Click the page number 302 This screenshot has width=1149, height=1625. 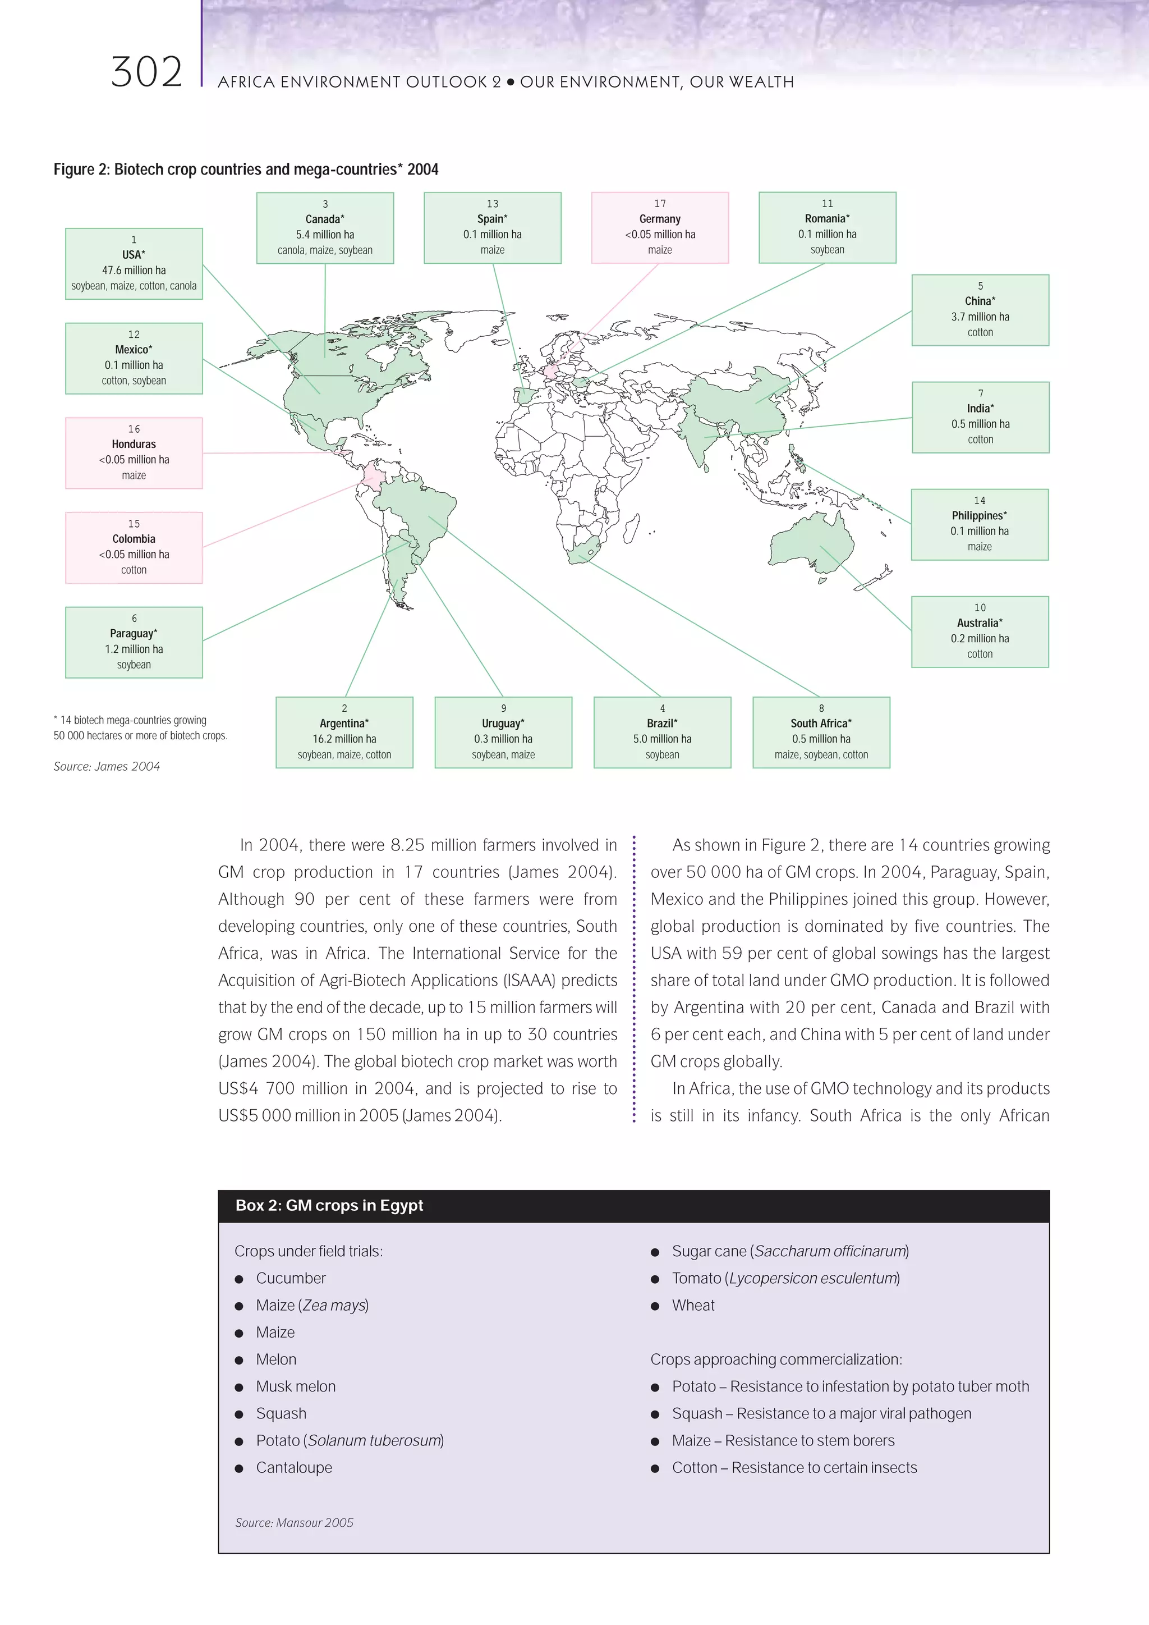146,72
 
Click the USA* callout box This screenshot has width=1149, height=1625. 134,264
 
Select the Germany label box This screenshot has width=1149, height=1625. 659,228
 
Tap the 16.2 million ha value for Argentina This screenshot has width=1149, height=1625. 344,739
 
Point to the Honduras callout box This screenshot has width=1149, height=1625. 134,453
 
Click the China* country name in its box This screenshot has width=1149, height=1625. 980,301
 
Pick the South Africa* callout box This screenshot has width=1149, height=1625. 821,733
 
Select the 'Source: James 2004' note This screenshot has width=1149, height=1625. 107,767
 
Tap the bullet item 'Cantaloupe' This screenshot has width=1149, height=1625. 293,1468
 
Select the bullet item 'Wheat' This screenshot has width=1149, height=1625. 693,1305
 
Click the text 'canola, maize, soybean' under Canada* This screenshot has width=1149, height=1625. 325,250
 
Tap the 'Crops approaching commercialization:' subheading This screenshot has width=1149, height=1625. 775,1359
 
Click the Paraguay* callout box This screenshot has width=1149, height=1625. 134,643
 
